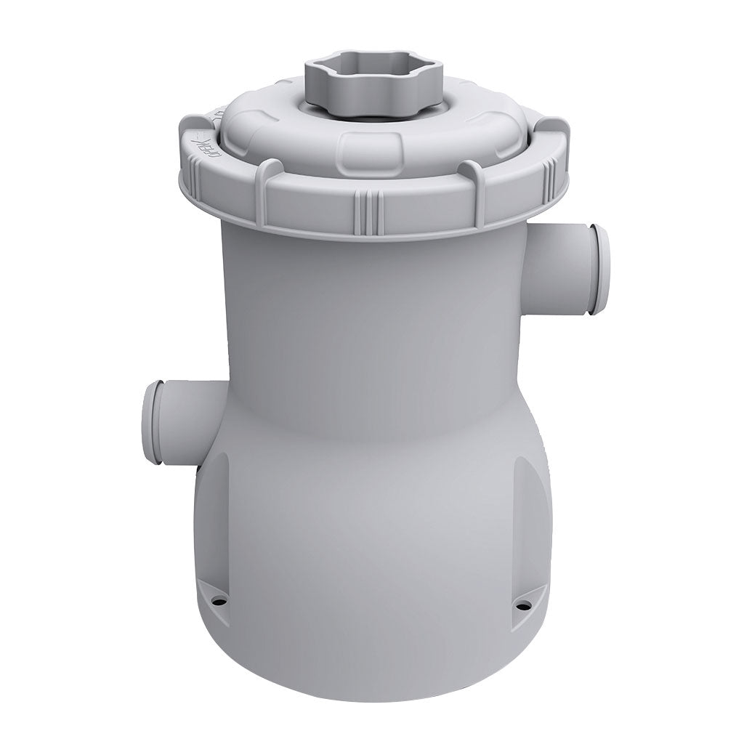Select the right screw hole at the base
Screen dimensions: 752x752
(x=521, y=602)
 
